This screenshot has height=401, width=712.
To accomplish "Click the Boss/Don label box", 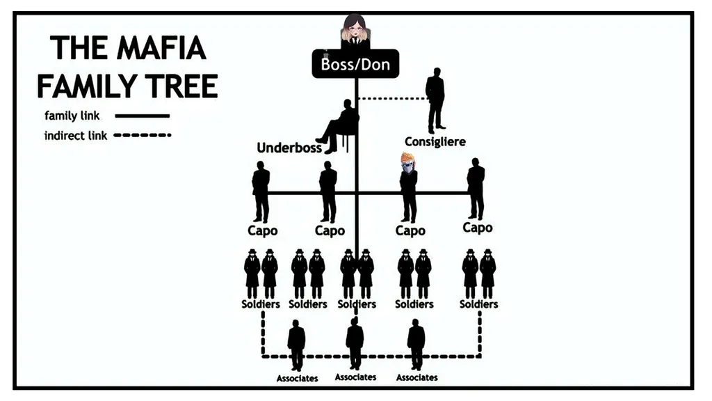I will coord(355,64).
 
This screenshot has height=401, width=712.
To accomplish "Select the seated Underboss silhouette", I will coord(341,125).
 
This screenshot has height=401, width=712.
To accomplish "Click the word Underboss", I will coord(289,148).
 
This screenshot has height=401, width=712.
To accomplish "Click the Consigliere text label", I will coord(435,142).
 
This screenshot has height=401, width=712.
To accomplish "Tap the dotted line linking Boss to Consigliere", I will coord(393,98).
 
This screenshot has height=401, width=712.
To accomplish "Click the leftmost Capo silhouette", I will coord(261,191).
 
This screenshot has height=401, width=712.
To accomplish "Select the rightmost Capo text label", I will coord(478,228).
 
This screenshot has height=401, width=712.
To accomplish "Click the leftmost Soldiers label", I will coord(261,304).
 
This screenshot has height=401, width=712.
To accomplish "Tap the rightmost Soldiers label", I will coord(479,304).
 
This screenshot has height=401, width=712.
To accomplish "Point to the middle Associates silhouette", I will coord(355,343).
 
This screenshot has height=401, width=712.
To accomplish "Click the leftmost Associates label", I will coord(297,378).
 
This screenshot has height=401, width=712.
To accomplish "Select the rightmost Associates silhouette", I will coord(416,343).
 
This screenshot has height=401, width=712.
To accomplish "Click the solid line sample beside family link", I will coord(142,116).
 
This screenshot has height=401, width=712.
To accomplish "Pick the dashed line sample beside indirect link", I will coord(142,136).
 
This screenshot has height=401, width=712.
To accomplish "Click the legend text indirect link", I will coord(76,136).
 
